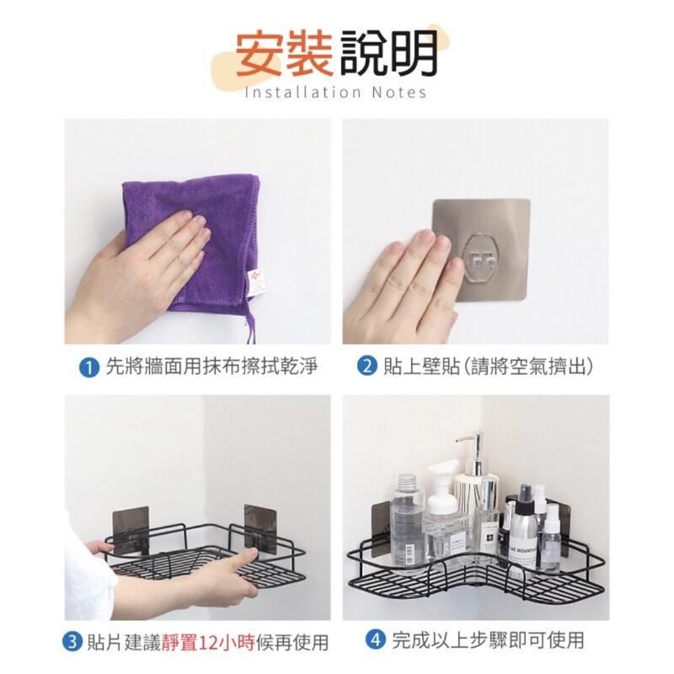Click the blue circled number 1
[x=85, y=368]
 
